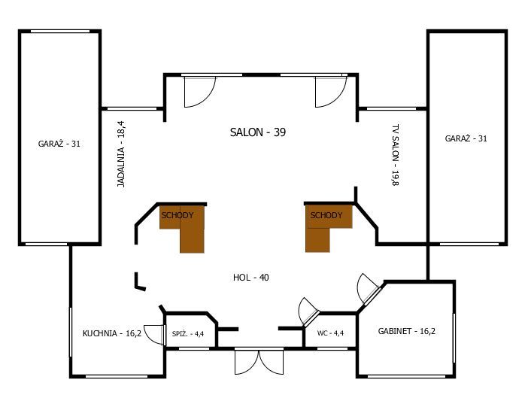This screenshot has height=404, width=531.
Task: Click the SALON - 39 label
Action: coord(258,132)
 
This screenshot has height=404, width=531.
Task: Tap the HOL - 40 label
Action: coord(251,278)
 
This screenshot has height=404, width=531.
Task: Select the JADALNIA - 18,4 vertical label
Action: coord(121,154)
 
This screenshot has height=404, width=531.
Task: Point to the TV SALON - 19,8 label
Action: coord(395,155)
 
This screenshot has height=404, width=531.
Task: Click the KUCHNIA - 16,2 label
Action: coord(112,333)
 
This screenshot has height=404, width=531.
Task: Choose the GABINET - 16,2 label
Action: coord(407,331)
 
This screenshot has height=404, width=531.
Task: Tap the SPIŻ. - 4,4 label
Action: coord(188,334)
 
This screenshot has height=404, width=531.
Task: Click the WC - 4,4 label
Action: coord(330,333)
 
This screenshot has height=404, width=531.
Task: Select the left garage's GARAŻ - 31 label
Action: coord(59,144)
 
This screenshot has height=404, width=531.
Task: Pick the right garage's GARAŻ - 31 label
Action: coord(466,138)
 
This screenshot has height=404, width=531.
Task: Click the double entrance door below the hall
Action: coord(259,362)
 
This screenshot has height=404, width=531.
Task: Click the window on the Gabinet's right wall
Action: coord(454,338)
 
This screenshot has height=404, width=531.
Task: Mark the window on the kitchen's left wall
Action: coord(71,332)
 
